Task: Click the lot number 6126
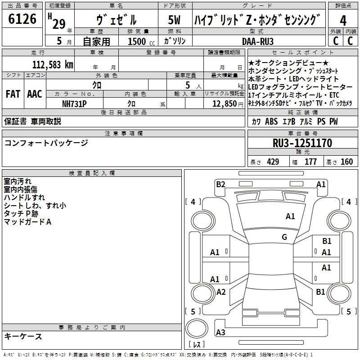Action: [x=22, y=19]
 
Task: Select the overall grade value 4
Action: [x=343, y=20]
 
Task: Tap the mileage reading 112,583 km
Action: [x=53, y=65]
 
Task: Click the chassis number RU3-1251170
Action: [x=302, y=143]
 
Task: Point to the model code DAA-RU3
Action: [x=258, y=41]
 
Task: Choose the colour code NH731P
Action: [x=74, y=104]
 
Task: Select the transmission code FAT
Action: [x=13, y=94]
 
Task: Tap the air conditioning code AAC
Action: [x=35, y=94]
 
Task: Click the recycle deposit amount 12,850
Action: [x=225, y=104]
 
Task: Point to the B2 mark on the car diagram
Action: [x=220, y=184]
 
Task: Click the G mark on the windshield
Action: [x=284, y=237]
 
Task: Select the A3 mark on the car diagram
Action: [x=220, y=332]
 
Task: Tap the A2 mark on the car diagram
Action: [x=221, y=292]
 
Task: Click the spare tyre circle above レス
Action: [x=197, y=328]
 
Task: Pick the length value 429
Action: [x=273, y=162]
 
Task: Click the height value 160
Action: [x=346, y=162]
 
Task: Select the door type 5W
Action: [x=174, y=20]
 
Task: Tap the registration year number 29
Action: [x=59, y=24]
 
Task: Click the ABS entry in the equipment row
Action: [x=271, y=121]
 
